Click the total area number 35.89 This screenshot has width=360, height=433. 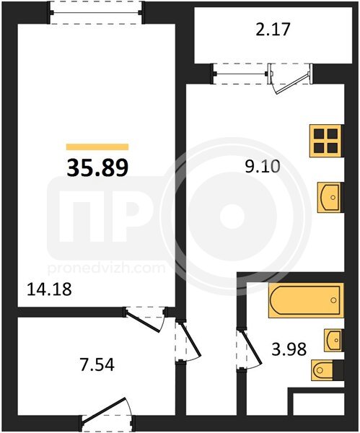[97, 168]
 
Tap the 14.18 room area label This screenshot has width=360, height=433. [49, 289]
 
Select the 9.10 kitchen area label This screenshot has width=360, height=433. [263, 166]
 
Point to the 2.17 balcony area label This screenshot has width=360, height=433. [273, 30]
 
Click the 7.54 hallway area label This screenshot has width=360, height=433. [97, 364]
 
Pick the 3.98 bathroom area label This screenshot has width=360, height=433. [289, 349]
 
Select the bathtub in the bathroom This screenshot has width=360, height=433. [306, 300]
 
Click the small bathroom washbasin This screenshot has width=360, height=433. [333, 340]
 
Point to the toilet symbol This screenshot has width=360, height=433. [328, 370]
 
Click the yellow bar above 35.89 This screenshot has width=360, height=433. [97, 147]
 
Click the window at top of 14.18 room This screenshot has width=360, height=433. [96, 13]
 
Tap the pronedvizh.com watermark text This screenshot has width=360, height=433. [107, 268]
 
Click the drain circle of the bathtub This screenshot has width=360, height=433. [333, 300]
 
